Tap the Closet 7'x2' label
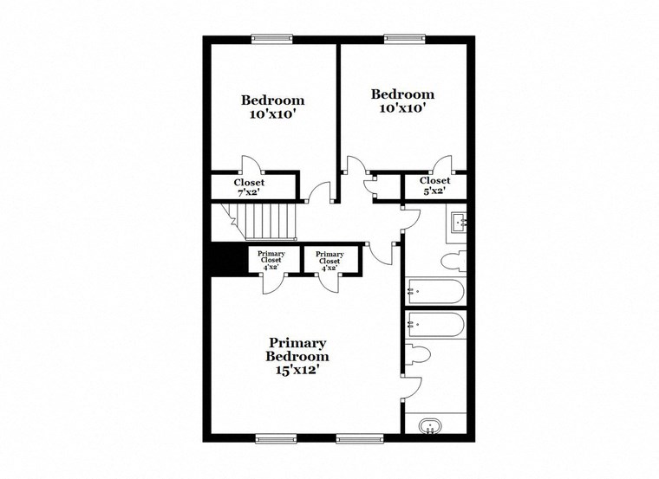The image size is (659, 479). point(249,187)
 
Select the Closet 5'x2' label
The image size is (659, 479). point(434,186)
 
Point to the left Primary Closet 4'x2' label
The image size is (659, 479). point(271,260)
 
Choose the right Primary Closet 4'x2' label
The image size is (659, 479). point(329,260)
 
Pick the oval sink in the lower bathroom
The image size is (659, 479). point(429,425)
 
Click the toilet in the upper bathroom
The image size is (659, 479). point(453,261)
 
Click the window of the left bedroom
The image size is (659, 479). point(271,38)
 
